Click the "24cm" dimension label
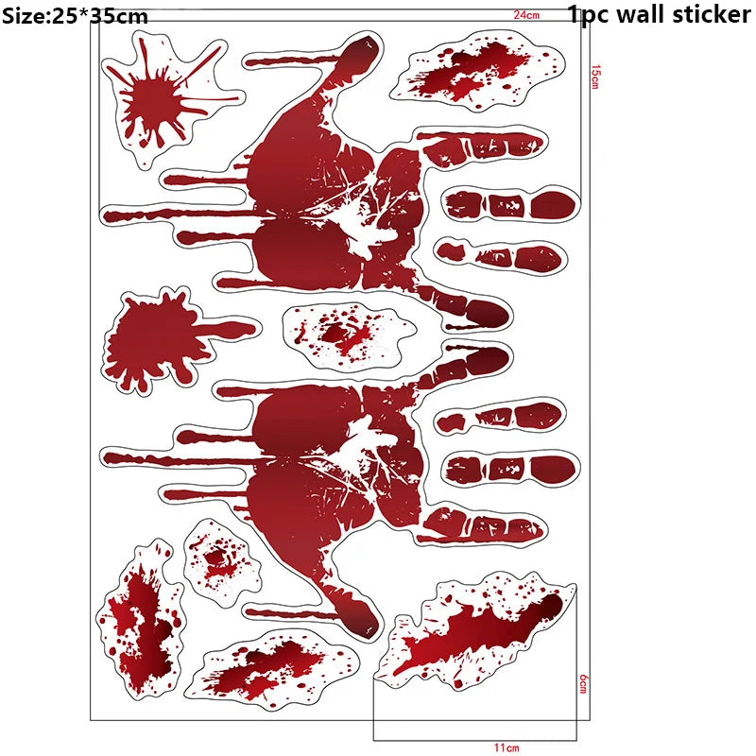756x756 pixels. (x=526, y=14)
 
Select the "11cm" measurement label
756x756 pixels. (x=507, y=747)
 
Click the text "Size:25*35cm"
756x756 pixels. (x=75, y=15)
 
